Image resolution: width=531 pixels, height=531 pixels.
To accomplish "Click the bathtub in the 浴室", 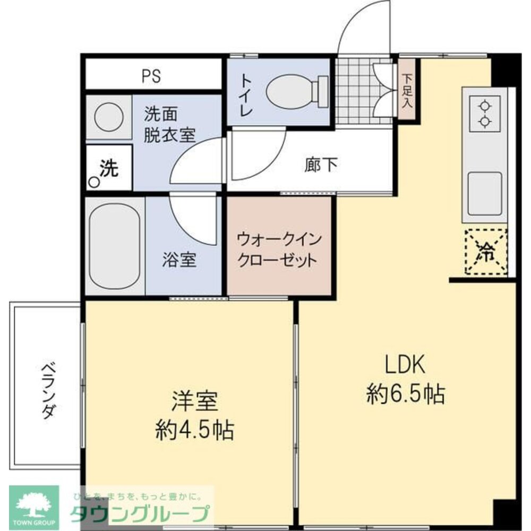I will [x=114, y=245].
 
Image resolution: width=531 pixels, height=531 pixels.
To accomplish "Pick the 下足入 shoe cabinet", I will [x=407, y=90].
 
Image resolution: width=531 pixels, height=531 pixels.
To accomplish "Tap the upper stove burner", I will [x=484, y=105].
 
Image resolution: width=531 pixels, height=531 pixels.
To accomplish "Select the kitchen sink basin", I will [x=484, y=193].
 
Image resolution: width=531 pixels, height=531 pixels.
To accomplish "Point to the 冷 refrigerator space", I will [x=485, y=252].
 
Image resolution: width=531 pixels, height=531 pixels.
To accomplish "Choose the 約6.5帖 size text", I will [x=405, y=394].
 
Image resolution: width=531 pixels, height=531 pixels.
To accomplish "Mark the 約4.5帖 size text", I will [x=194, y=430].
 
